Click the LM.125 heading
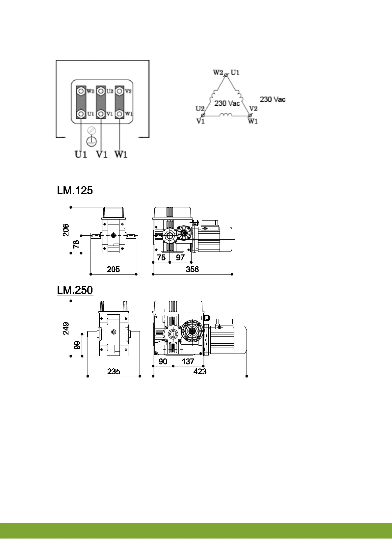[75, 191]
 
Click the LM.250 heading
[75, 290]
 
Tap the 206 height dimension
[66, 230]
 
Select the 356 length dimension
[192, 269]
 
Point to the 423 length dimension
[200, 371]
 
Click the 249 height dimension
[66, 328]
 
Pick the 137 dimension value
[188, 361]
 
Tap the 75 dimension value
[161, 257]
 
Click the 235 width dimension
[114, 371]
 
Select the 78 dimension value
[76, 244]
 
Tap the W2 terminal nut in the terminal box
[81, 91]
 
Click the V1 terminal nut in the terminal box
[101, 114]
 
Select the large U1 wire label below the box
[81, 154]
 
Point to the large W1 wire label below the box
[121, 154]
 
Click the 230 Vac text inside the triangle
[227, 103]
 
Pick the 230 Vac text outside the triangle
[273, 99]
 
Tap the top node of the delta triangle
[226, 75]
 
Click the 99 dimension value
[77, 345]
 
